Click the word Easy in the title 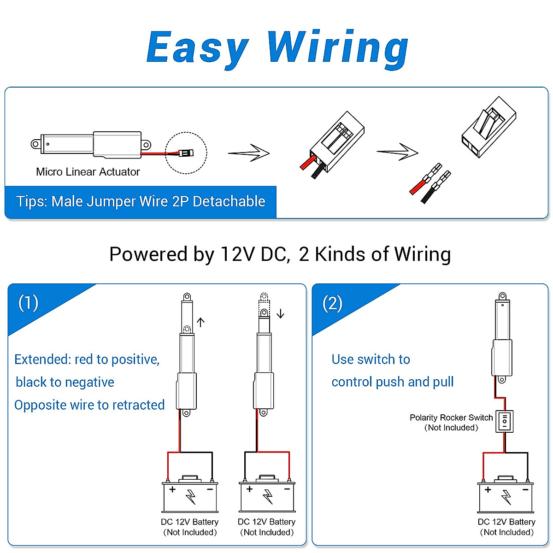[x=197, y=47]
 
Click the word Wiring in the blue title [x=337, y=47]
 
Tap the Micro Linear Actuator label [x=88, y=172]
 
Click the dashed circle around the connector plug [x=186, y=153]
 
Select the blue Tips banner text [x=141, y=201]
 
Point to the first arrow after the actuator [x=249, y=153]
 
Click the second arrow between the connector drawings [x=397, y=152]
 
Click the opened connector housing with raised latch [x=488, y=127]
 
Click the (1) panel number [x=28, y=303]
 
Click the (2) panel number [x=332, y=303]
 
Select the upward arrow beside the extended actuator [x=200, y=322]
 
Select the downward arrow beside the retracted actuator [x=280, y=314]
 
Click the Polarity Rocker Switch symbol [x=505, y=421]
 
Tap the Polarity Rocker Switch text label [x=451, y=418]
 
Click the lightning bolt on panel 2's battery [x=506, y=497]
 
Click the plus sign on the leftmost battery [x=172, y=489]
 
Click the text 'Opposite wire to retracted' [x=89, y=405]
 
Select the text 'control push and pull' [x=392, y=382]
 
